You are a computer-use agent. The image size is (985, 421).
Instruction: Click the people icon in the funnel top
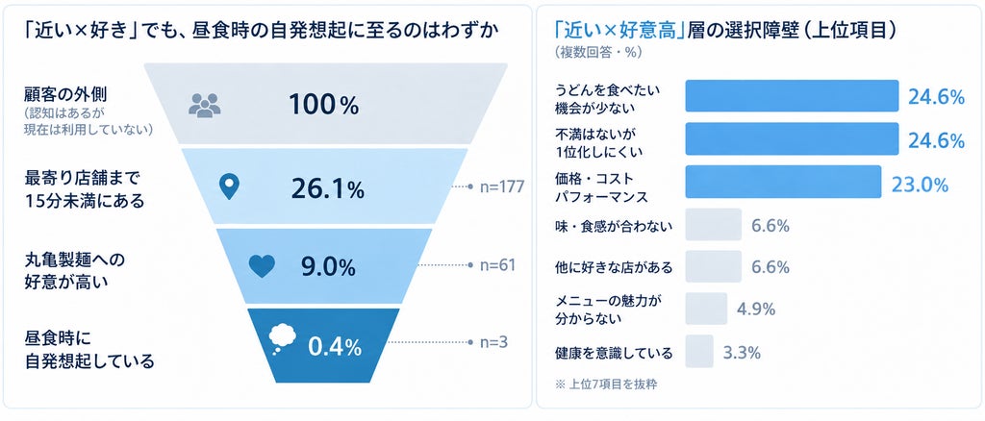[x=205, y=105]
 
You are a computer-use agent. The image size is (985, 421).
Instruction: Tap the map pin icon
[x=230, y=187]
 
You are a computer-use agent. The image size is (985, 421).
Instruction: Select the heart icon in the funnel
[x=262, y=266]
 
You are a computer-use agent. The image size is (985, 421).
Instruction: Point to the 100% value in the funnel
[x=323, y=105]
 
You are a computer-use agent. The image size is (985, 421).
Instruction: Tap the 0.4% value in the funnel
[x=334, y=346]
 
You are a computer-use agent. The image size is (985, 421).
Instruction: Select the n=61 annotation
[x=497, y=265]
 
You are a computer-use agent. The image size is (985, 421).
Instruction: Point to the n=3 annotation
[x=493, y=342]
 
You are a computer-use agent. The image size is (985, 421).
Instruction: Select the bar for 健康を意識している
[x=699, y=352]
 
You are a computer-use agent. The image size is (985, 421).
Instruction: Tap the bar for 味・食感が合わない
[x=714, y=225]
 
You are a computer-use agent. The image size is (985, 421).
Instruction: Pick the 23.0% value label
[x=920, y=185]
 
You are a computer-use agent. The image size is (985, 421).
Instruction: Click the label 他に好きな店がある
[x=614, y=268]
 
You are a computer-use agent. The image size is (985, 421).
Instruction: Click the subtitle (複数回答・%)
[x=598, y=53]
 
